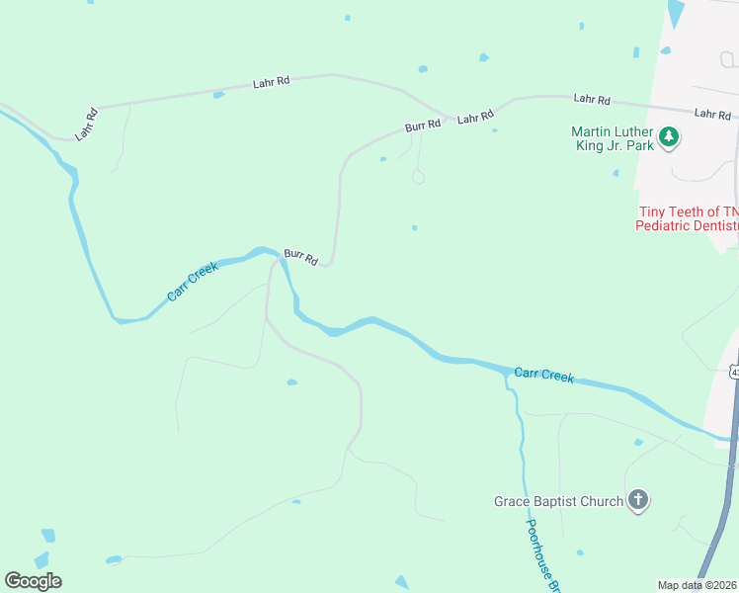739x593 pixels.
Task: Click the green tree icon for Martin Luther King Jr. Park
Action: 669,136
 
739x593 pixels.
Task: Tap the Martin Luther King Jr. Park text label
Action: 613,138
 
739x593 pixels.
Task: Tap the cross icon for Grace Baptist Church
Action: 638,500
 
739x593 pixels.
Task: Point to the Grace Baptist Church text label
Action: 558,501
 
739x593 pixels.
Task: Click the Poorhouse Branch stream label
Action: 544,555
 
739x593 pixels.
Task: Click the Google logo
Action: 33,581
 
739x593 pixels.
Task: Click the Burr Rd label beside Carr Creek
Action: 300,257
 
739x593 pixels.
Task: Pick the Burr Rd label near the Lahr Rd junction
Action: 422,127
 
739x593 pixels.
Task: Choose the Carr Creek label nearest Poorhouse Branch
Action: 543,375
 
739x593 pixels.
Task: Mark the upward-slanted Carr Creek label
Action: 192,282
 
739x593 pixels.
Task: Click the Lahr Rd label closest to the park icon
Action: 712,115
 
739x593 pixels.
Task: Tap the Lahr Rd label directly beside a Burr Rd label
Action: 474,118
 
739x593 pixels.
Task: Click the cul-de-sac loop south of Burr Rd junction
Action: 418,178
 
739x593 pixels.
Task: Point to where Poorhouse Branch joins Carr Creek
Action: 507,375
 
